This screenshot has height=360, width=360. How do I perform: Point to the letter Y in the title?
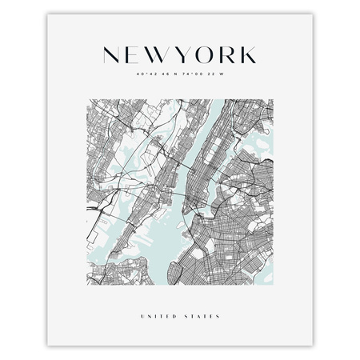point(183,54)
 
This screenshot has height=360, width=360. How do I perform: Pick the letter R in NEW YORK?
point(227,54)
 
